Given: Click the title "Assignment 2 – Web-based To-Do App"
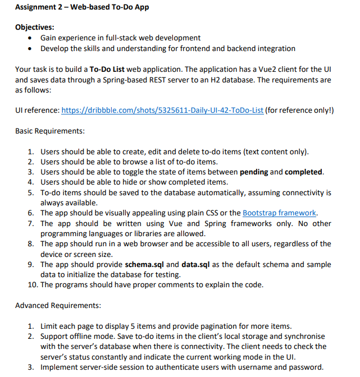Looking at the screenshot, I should pyautogui.click(x=82, y=7).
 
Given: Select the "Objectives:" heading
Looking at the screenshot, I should pyautogui.click(x=35, y=27).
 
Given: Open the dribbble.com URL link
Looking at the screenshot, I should pyautogui.click(x=162, y=110).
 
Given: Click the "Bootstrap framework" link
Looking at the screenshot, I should pyautogui.click(x=280, y=213).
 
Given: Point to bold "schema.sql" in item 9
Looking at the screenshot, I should pyautogui.click(x=145, y=264).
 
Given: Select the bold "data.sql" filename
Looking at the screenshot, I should pyautogui.click(x=197, y=264).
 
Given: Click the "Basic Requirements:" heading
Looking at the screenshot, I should pyautogui.click(x=50, y=131).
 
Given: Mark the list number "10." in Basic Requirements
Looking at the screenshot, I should pyautogui.click(x=31, y=284).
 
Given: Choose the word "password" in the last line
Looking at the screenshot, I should pyautogui.click(x=306, y=367).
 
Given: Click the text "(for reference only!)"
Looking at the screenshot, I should pyautogui.click(x=300, y=110).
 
